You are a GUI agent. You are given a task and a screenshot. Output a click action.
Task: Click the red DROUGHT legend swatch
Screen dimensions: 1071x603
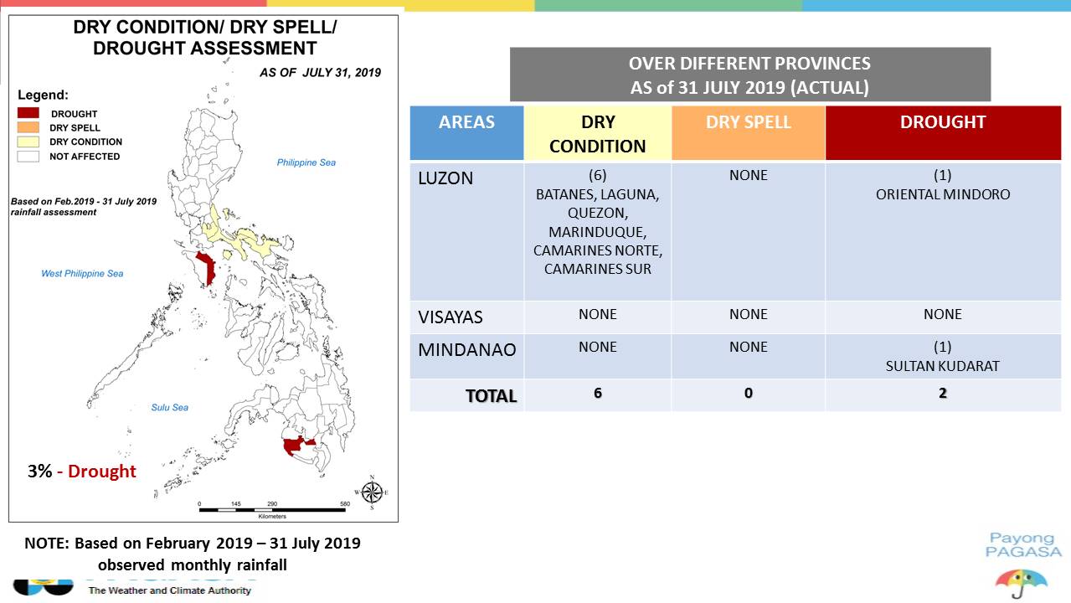click(x=28, y=113)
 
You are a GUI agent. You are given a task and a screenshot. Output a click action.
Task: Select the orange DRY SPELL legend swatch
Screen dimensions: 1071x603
click(x=28, y=127)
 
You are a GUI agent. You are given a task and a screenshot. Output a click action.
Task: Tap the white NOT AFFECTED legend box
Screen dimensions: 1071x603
click(x=28, y=157)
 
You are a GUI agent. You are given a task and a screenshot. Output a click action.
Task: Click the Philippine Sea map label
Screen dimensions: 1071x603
click(x=306, y=162)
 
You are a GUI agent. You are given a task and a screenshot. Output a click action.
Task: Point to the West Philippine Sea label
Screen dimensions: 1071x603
click(x=82, y=274)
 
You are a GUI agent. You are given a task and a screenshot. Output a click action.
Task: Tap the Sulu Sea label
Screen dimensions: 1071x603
click(x=170, y=407)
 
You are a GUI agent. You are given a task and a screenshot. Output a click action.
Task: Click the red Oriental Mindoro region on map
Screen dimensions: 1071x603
click(x=207, y=268)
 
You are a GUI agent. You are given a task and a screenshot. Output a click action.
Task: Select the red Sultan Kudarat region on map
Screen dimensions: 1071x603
click(x=296, y=446)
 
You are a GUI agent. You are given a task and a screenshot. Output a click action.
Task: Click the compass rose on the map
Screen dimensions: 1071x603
click(x=372, y=492)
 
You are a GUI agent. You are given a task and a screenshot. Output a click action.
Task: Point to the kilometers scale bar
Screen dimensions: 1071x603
click(x=272, y=510)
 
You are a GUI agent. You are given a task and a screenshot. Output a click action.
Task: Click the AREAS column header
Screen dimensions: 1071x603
click(x=466, y=133)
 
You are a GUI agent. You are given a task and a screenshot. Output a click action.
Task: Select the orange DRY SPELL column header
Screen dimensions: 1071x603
click(x=749, y=133)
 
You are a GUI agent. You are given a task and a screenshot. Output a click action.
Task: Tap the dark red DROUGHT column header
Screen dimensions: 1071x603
click(x=943, y=133)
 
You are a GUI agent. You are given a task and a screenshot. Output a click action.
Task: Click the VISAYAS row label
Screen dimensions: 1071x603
click(x=451, y=317)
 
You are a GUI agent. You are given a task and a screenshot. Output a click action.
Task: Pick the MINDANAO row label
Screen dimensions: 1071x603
click(x=467, y=350)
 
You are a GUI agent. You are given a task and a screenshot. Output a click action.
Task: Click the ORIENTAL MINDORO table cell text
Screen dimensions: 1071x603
click(x=943, y=194)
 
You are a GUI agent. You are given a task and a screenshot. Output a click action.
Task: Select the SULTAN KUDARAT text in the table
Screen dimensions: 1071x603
click(x=942, y=366)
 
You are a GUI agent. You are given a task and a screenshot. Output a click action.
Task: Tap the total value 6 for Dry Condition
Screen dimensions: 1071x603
click(x=598, y=393)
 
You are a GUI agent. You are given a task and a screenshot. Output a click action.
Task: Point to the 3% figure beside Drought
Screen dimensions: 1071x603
click(x=39, y=472)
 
